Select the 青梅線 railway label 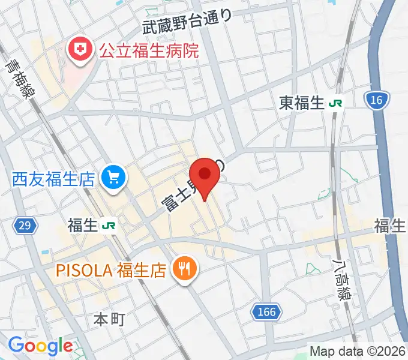coord(20,76)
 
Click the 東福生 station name coord(301,103)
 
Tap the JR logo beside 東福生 coord(335,103)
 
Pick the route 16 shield coord(376,100)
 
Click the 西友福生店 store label coord(53,178)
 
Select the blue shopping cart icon coord(113,177)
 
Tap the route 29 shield coord(25,226)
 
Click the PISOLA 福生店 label coord(111,270)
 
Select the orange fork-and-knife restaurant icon coord(184,269)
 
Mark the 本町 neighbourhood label coord(109,319)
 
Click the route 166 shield coord(265,311)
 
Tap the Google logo coord(40,346)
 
